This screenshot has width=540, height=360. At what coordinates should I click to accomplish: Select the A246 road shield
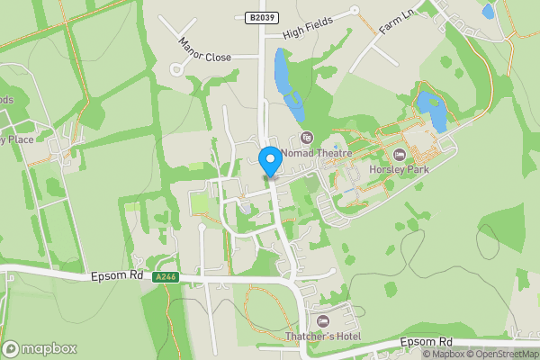[x=165, y=278]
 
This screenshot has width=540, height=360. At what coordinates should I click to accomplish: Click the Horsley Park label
[x=399, y=169]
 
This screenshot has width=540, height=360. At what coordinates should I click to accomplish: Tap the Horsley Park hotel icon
[x=399, y=154]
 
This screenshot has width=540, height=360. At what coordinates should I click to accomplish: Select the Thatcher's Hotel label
[x=324, y=337]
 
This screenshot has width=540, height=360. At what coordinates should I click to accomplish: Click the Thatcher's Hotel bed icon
[x=324, y=320]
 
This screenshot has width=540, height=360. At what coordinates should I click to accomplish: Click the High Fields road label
[x=307, y=26]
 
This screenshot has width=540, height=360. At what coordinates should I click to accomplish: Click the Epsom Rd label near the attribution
[x=427, y=343]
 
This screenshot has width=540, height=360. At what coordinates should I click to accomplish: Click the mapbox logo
[x=39, y=348]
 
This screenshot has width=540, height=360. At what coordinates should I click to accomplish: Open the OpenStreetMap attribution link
[x=500, y=354]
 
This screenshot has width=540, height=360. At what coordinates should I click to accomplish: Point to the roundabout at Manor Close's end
[x=176, y=68]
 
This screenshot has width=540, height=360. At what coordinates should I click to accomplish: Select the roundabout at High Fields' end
[x=354, y=11]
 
